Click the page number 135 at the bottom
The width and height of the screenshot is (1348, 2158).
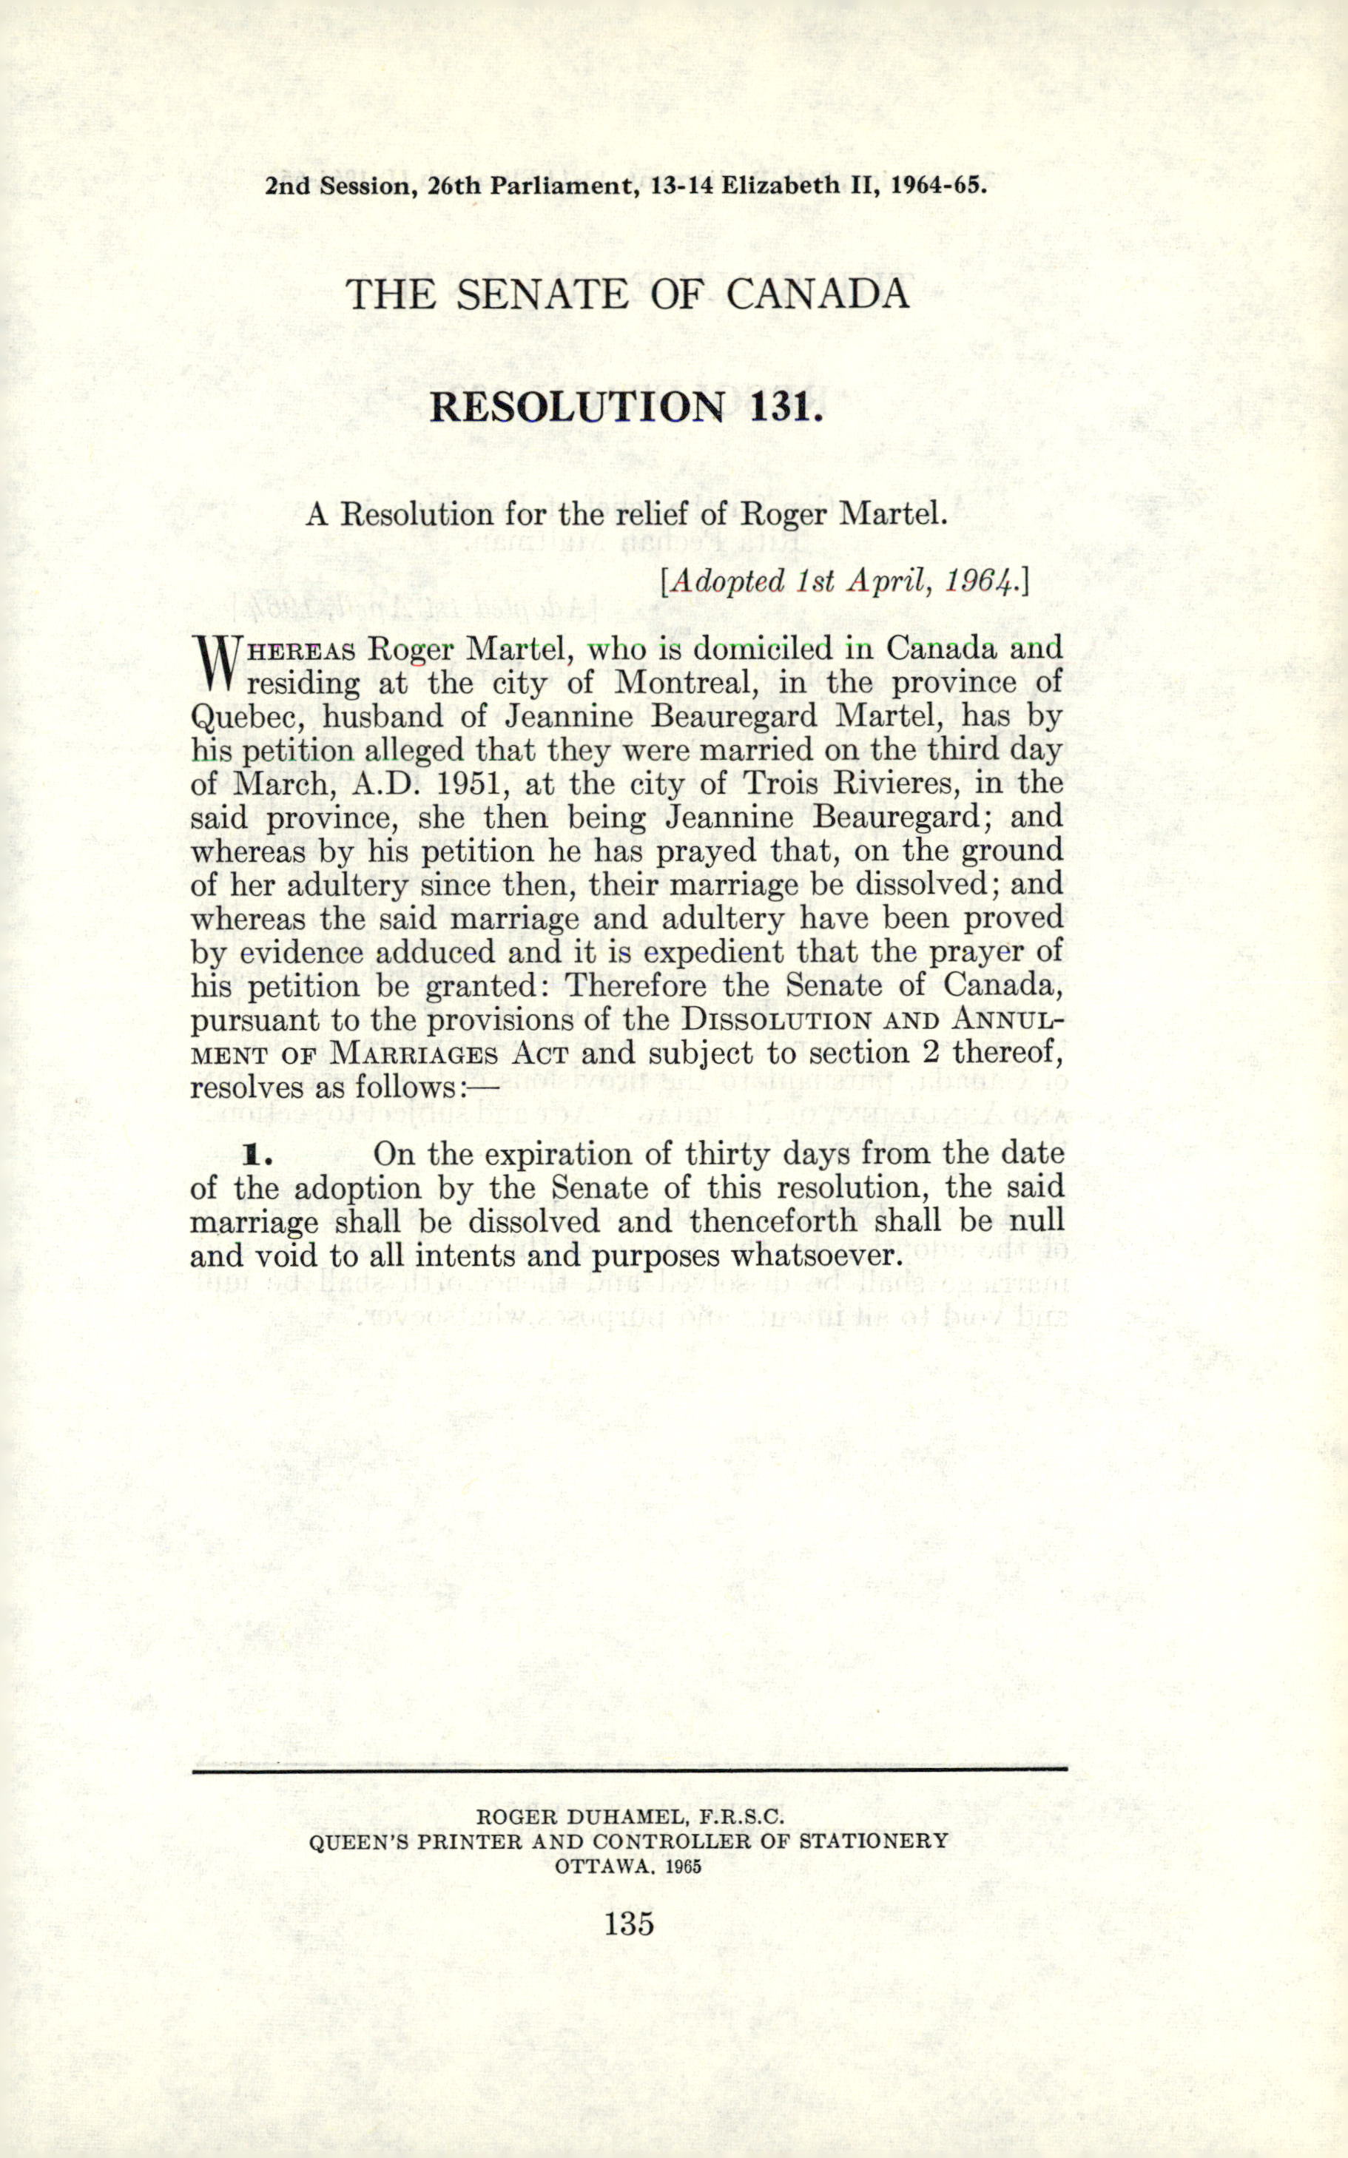[x=630, y=1923]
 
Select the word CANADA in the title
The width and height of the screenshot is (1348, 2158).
[x=818, y=294]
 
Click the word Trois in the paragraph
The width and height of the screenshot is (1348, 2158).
[x=787, y=783]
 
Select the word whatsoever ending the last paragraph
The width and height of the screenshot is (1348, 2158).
[x=812, y=1256]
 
